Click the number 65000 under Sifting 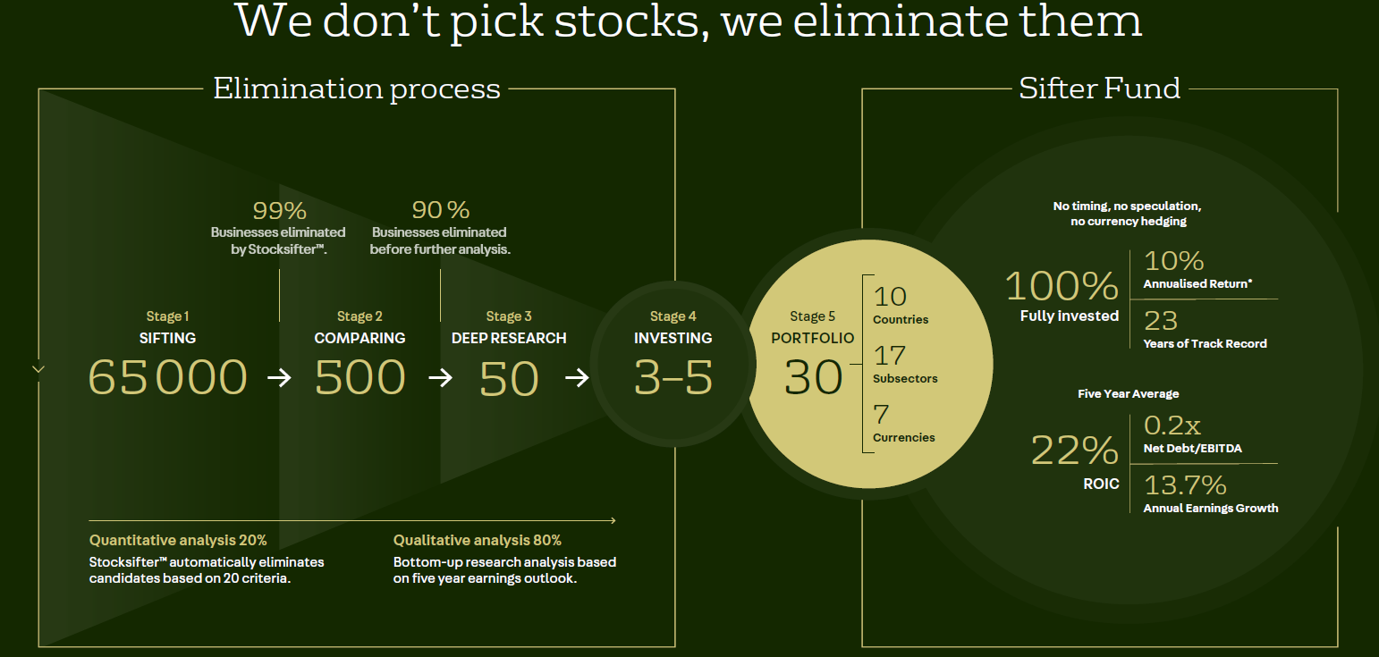coord(167,376)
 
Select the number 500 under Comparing coord(360,376)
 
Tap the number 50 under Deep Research coord(509,378)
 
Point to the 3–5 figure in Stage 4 coord(673,377)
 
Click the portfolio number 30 coord(813,377)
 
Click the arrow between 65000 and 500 coord(280,377)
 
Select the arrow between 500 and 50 coord(440,377)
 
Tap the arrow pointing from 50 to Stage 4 coord(577,377)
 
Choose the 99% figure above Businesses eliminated coord(280,211)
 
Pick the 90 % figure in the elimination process coord(440,210)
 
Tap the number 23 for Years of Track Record coord(1161,321)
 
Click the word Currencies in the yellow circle coord(904,437)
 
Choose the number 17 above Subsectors coord(890,356)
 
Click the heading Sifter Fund coord(1099,88)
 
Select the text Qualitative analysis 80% coord(478,540)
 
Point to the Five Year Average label coord(1129,393)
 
